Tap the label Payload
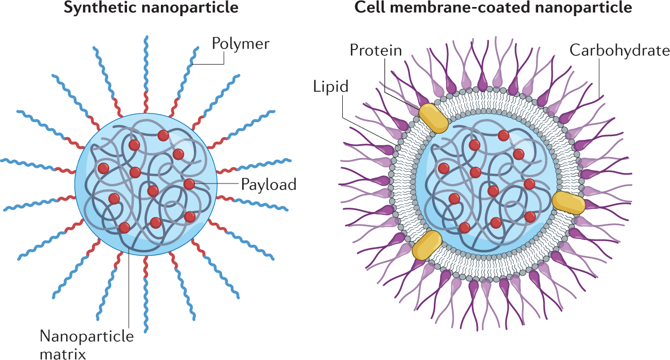click(268, 185)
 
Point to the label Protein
click(376, 51)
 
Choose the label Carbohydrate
click(619, 51)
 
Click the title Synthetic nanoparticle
click(151, 9)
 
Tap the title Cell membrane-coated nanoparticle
click(493, 9)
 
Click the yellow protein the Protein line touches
click(433, 117)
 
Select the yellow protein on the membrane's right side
click(569, 202)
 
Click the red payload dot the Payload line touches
click(189, 184)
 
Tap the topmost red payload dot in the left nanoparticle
click(163, 135)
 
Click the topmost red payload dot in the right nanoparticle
click(503, 135)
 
